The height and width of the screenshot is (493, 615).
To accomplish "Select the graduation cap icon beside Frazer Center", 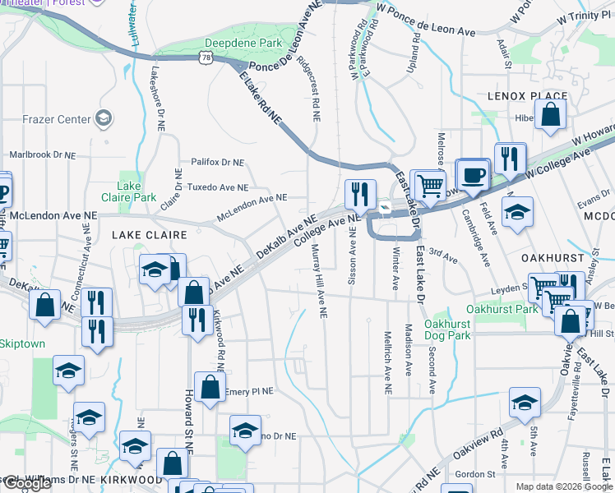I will (x=104, y=119).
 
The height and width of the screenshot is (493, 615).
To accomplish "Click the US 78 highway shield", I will (x=204, y=57).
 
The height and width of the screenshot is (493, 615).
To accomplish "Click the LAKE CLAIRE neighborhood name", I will (x=150, y=235).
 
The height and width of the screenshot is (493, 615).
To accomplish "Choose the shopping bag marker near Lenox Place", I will (x=550, y=116).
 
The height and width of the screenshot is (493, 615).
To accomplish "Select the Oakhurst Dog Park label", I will (x=447, y=329).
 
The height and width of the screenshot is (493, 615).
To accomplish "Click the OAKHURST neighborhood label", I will (x=552, y=257).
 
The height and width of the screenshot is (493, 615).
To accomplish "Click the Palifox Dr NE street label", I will (x=218, y=163).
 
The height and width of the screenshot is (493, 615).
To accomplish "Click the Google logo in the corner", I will (x=26, y=483).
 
